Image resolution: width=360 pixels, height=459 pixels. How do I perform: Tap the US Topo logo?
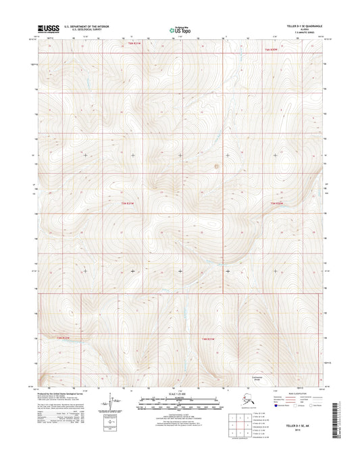[178, 29]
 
